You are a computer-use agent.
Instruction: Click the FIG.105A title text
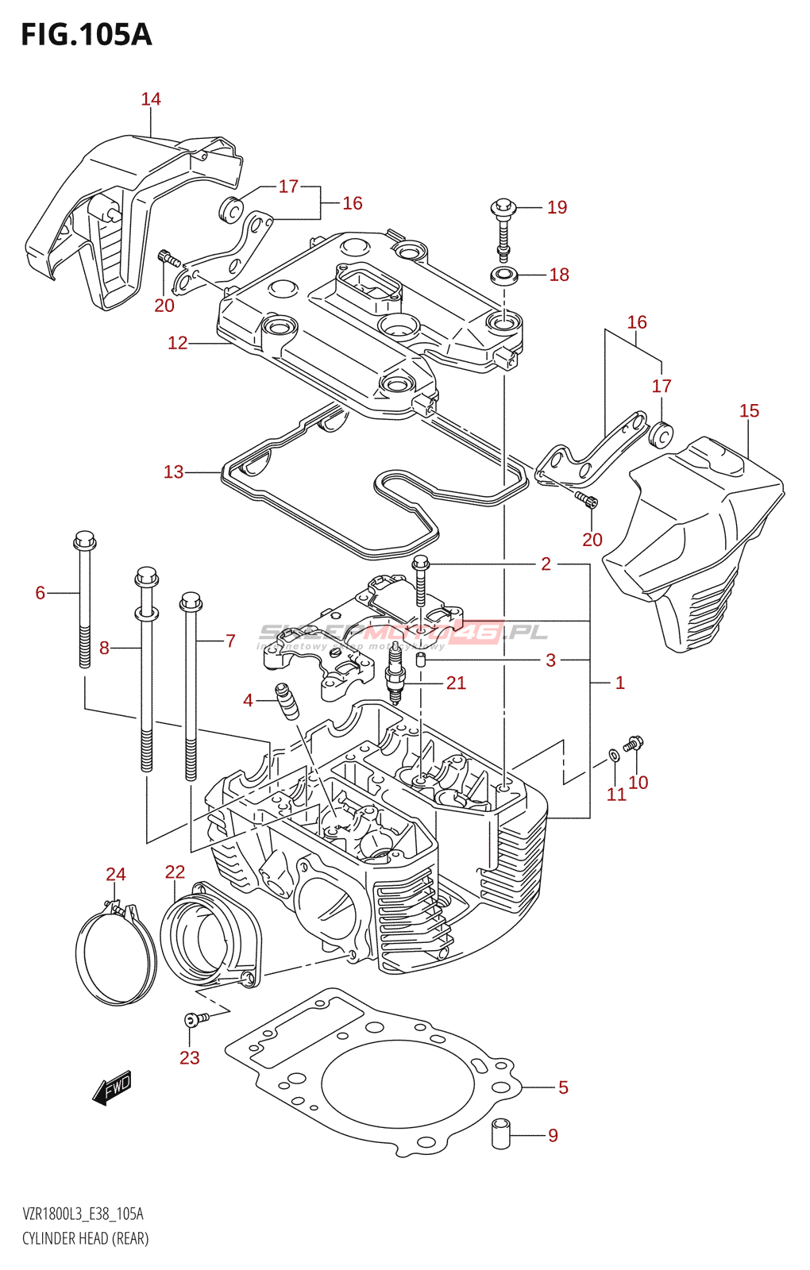tap(86, 35)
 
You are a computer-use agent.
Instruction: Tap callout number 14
tap(151, 99)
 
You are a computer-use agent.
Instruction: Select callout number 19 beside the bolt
tap(557, 207)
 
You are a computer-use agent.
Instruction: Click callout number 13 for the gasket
tap(173, 472)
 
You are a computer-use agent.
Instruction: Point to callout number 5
tap(563, 1087)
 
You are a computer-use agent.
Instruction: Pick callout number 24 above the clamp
tap(116, 874)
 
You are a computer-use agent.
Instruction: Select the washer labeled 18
tap(503, 276)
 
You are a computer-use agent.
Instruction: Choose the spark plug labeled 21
tap(395, 682)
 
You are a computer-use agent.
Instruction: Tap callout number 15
tap(749, 411)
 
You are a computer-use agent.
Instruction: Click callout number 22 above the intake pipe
tap(175, 872)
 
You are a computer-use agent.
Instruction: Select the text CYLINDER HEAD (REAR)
tap(86, 1238)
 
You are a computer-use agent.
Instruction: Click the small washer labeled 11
tap(614, 753)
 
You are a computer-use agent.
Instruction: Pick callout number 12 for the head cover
tap(177, 343)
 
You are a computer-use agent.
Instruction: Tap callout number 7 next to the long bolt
tap(230, 641)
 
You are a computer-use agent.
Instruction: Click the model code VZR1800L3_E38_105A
tap(83, 1214)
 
